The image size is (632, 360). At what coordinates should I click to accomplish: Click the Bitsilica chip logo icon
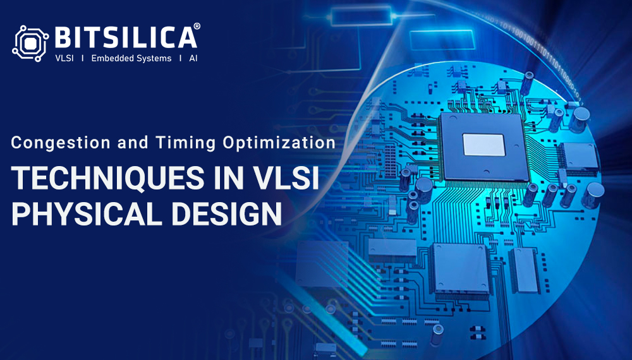[x=30, y=44]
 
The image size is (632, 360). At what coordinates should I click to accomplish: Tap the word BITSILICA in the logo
[x=126, y=38]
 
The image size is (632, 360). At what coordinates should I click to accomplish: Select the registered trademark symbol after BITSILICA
[x=197, y=26]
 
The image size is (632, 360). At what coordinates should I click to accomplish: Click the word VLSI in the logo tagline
[x=64, y=58]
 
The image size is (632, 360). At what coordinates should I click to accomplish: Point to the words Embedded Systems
[x=131, y=58]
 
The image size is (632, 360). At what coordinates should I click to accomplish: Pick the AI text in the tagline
[x=193, y=58]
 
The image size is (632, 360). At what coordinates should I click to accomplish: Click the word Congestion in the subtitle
[x=61, y=143]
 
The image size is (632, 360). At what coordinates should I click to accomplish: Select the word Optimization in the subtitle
[x=279, y=143]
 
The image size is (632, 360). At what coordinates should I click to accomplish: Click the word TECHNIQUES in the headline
[x=107, y=177]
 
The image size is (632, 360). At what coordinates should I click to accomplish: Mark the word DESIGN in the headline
[x=226, y=213]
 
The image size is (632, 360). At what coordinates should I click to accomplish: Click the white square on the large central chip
[x=483, y=145]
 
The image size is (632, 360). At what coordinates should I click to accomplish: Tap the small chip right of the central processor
[x=579, y=157]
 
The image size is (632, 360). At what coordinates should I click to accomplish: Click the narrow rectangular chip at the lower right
[x=525, y=270]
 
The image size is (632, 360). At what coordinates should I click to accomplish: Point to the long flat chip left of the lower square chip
[x=392, y=248]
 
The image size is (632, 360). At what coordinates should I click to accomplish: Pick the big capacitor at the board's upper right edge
[x=580, y=119]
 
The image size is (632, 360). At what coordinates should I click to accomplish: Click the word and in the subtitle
[x=133, y=143]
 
